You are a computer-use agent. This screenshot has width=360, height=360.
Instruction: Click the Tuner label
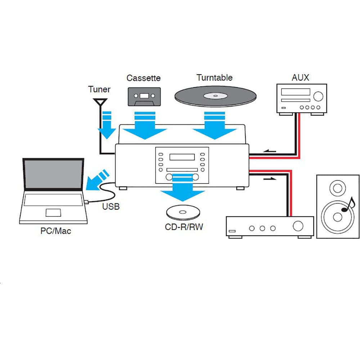(99, 89)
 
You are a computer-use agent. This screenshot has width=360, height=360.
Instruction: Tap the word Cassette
(143, 78)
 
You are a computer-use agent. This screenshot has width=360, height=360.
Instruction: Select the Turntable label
(215, 77)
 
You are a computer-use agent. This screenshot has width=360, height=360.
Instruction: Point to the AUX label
(300, 77)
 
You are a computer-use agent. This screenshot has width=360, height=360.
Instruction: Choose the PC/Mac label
(55, 231)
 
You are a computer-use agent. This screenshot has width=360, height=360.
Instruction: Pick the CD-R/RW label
(184, 227)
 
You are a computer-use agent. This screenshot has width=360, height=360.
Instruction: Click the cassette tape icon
(144, 96)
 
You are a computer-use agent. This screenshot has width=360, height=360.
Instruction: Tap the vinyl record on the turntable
(216, 96)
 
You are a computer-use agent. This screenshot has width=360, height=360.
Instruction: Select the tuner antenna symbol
(100, 102)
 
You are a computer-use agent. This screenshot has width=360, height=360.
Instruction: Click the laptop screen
(54, 174)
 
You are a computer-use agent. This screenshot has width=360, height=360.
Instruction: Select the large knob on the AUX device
(318, 96)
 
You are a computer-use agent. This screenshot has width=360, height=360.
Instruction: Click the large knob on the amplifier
(298, 226)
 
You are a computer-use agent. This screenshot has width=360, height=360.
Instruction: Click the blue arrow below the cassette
(145, 126)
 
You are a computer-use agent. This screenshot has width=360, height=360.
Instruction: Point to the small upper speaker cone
(338, 188)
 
